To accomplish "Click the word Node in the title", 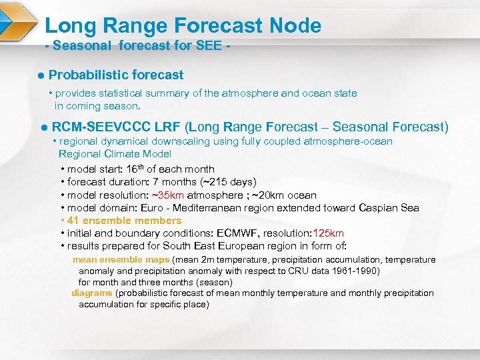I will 295,26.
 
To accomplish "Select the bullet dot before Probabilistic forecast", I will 41,75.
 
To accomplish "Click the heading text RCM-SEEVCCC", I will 101,127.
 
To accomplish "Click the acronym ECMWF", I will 239,233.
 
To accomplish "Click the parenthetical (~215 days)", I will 228,182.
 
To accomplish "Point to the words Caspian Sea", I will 389,207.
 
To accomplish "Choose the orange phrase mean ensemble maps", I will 121,259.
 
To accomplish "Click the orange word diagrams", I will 92,293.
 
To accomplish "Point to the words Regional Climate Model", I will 115,154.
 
